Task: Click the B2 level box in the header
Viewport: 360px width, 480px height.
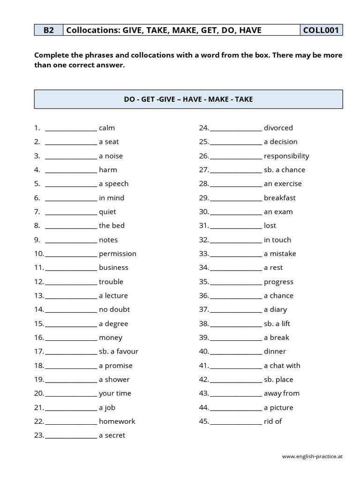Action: click(x=48, y=30)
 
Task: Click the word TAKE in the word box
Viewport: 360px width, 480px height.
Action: click(x=243, y=99)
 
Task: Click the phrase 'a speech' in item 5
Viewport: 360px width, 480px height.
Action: click(x=113, y=184)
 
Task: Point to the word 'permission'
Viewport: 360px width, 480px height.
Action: click(x=118, y=254)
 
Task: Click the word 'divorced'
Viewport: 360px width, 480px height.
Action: click(x=278, y=128)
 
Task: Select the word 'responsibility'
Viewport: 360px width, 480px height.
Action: click(x=286, y=156)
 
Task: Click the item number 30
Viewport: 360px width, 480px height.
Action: click(x=203, y=212)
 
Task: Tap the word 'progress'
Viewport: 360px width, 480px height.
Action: click(x=278, y=282)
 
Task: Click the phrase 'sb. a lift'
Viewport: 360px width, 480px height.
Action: click(x=277, y=323)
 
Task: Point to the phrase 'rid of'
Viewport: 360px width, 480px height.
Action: click(x=273, y=421)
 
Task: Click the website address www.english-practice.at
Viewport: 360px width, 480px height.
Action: click(x=312, y=456)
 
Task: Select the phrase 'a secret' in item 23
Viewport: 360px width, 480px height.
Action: click(x=112, y=435)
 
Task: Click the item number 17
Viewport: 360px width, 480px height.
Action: click(x=38, y=352)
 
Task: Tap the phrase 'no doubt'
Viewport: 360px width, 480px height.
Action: click(x=114, y=309)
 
